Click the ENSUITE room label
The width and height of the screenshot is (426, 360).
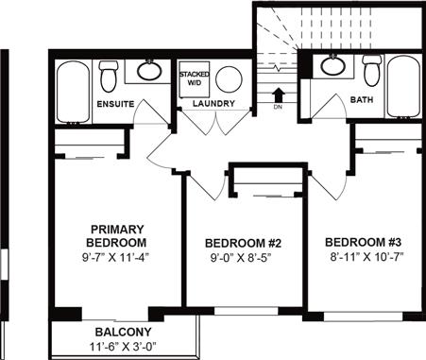(x=114, y=103)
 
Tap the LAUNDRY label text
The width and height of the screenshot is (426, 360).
(x=213, y=103)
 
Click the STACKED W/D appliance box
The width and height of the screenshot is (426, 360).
(x=194, y=77)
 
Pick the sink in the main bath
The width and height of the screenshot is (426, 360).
(x=332, y=66)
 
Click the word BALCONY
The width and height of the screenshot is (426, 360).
(x=123, y=332)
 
